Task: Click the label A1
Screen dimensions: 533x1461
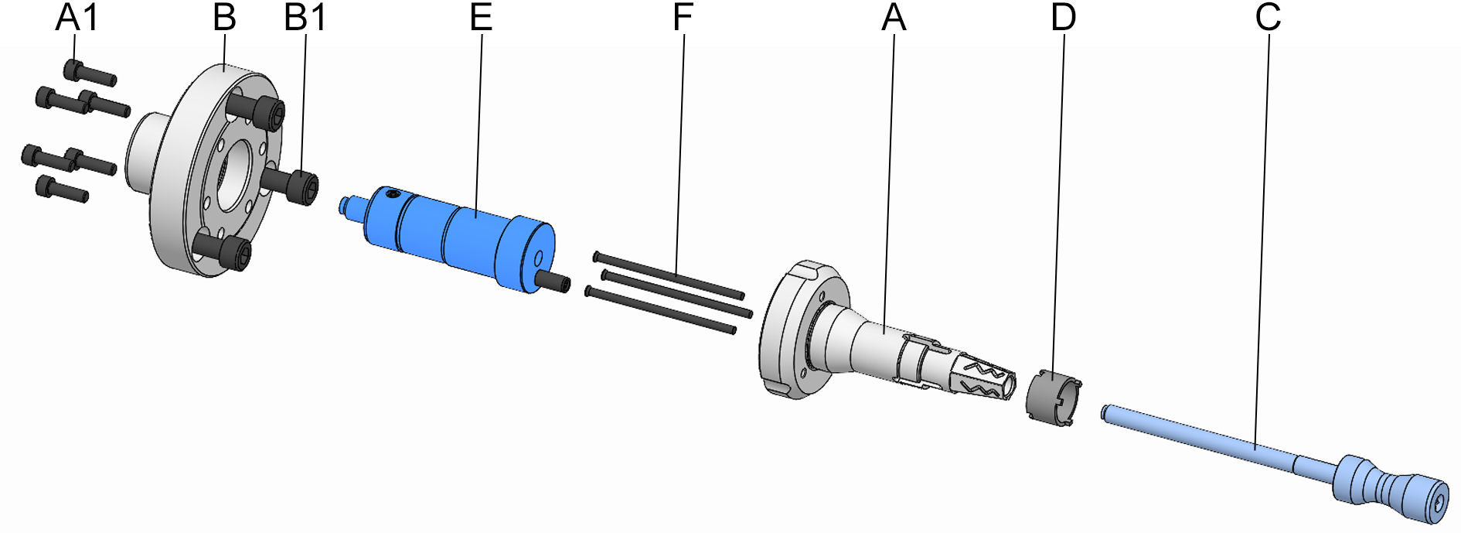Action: click(x=77, y=18)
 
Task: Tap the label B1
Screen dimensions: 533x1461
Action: click(x=305, y=18)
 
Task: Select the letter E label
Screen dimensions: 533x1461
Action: click(x=481, y=18)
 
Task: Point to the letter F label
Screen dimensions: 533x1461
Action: click(x=683, y=18)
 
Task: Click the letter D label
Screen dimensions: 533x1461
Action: click(x=1064, y=18)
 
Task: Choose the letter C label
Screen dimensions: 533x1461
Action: click(x=1268, y=18)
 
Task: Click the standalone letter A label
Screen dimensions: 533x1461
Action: click(x=894, y=18)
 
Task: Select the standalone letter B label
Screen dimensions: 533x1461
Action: click(x=224, y=18)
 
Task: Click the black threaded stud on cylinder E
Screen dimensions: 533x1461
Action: click(x=556, y=283)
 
